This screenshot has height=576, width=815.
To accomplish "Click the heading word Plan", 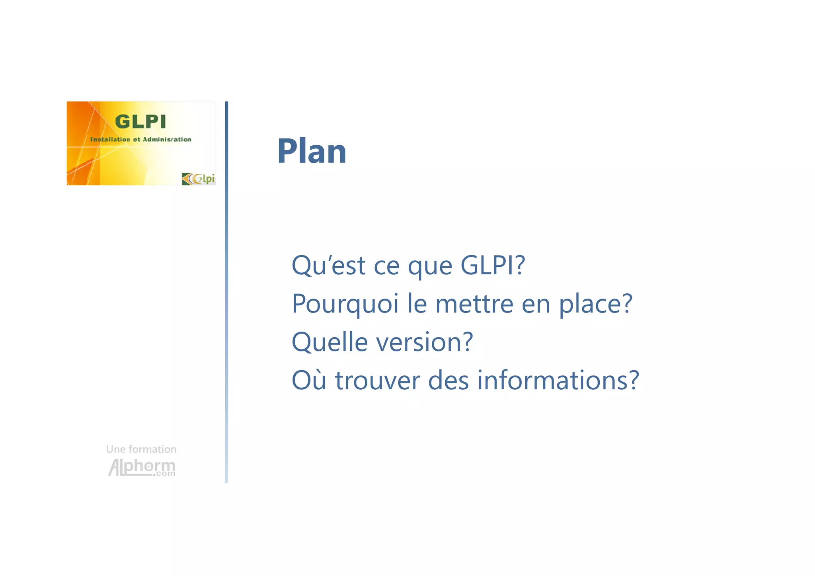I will point(312,151).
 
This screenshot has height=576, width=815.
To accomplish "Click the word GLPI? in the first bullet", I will point(493,265).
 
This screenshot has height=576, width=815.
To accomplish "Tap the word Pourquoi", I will point(345,304).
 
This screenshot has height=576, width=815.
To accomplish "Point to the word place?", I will point(595,304).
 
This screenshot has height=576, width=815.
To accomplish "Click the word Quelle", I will point(330,342).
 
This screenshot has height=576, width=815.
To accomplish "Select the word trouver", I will point(377,380).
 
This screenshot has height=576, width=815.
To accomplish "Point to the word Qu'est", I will point(328,265).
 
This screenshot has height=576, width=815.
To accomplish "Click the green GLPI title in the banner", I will point(140,122).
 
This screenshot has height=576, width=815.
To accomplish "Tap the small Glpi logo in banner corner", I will point(199,179).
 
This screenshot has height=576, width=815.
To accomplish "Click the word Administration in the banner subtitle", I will point(167,139).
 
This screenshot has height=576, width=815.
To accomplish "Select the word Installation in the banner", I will point(110,139).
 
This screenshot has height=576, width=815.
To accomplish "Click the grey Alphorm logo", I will point(142,467).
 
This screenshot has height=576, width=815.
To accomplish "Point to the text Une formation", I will point(141,449).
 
